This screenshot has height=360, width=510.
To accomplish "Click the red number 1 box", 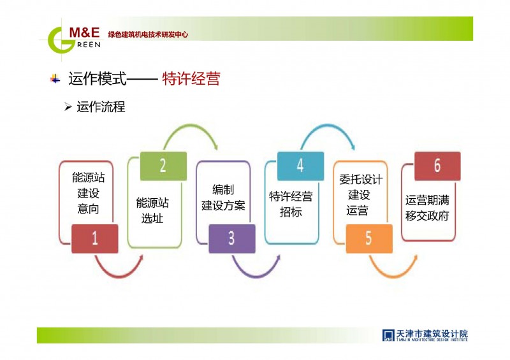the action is pos(94,239).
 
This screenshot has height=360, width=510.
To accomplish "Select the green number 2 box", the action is pos(163,166).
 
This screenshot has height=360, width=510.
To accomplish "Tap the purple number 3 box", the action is pos(232,239).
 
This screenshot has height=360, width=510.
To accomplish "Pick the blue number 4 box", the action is pos(300,166).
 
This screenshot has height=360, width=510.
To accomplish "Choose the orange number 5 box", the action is pos(369,239).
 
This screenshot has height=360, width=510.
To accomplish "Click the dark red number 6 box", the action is pos(437,166).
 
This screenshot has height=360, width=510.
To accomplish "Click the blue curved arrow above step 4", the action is pos(328,125).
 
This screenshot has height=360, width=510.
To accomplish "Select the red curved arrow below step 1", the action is pos(119,277).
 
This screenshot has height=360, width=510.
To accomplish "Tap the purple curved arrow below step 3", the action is pos(256,277).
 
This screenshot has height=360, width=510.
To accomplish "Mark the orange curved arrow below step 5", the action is pos(393,277).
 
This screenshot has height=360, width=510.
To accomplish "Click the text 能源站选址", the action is pos(152,210).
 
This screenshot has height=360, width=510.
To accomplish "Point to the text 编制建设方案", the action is pos(223,198).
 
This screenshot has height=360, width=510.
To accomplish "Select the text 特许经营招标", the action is pos(291,204).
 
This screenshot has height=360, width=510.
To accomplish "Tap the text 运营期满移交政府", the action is pos(427,208).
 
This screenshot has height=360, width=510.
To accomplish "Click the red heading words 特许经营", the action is pos(191,79).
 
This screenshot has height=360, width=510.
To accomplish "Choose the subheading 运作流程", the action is pos(101,106).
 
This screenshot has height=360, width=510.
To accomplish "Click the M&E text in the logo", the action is pos(85,32).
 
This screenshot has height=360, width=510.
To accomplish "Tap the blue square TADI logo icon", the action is pos(388,335).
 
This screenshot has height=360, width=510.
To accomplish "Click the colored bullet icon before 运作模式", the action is pos(55,79).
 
